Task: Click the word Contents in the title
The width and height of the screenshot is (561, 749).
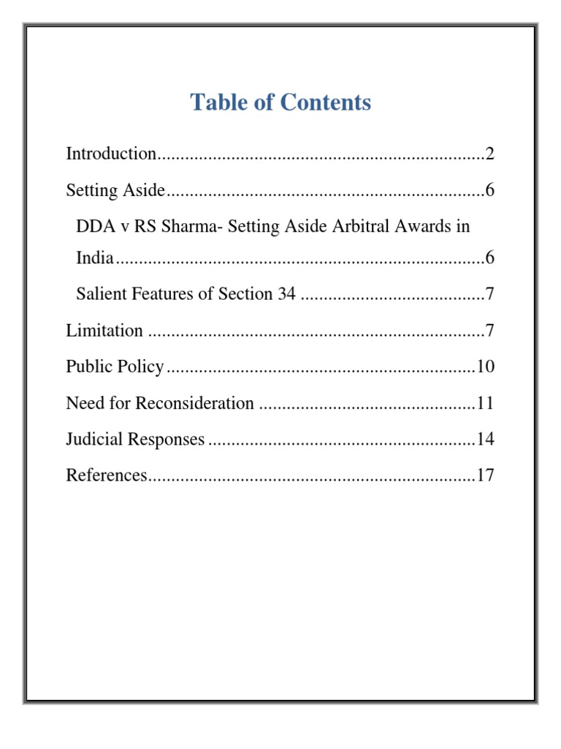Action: click(x=327, y=102)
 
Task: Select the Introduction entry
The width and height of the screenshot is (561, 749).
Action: click(x=111, y=154)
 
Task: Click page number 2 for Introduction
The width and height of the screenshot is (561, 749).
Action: click(x=490, y=154)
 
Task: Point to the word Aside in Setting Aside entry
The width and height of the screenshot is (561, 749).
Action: click(x=146, y=191)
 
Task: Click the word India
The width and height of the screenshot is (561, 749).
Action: click(x=95, y=258)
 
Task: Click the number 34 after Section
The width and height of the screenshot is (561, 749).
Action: click(x=287, y=295)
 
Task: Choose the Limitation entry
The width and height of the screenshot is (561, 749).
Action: click(x=104, y=331)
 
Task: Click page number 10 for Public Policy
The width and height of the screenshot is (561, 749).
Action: click(x=486, y=366)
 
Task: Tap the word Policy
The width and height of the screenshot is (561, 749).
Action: click(x=142, y=366)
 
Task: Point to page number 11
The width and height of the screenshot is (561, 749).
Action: click(x=486, y=403)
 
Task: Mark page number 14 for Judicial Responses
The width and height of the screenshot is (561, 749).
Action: click(x=486, y=440)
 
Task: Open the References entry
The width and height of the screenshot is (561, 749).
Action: click(x=107, y=475)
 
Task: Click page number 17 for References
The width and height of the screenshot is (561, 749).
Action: click(x=486, y=475)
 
